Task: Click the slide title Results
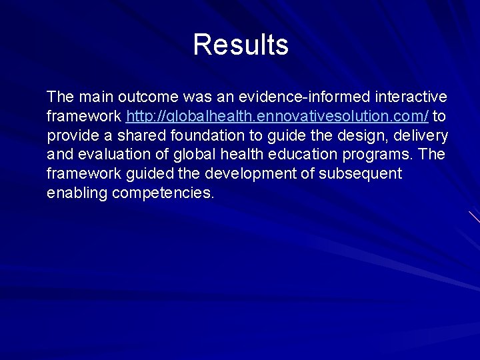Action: click(x=241, y=45)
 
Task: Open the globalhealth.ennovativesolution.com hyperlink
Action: click(x=277, y=117)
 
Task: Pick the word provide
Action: click(x=71, y=136)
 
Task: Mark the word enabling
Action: click(x=77, y=194)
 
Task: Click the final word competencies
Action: click(x=163, y=194)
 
